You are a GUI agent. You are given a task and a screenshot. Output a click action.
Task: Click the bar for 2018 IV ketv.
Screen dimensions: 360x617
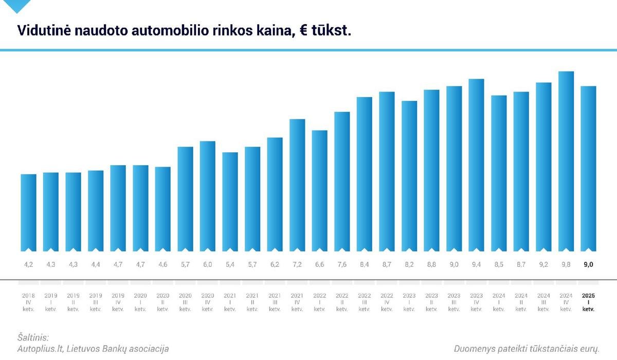coord(28,212)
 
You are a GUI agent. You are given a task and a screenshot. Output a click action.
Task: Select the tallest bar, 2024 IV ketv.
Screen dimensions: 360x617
coord(566,160)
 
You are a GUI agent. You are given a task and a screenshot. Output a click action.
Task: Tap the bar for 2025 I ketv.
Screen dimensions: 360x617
coord(588,168)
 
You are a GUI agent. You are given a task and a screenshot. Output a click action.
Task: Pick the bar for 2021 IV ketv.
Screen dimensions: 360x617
coord(297,184)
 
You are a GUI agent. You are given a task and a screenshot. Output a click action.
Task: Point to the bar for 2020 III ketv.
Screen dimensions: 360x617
coord(185,198)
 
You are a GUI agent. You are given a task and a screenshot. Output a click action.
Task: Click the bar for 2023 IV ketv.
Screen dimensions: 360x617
coord(476,164)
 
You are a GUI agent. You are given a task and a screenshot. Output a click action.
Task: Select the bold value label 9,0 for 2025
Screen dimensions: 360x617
coord(588,264)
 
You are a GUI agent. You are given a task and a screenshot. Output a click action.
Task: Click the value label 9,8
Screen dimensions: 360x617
coord(566,264)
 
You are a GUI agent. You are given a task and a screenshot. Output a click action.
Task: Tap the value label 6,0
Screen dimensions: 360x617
coord(208,264)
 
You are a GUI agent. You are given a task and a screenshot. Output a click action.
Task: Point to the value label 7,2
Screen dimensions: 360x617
coord(297,264)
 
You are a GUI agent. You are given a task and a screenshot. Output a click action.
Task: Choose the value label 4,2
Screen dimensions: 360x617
coord(28,264)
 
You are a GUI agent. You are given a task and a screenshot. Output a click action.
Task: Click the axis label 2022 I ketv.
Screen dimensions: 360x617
coord(319,302)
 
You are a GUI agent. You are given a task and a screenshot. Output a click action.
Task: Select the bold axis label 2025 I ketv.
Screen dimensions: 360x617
coord(588,302)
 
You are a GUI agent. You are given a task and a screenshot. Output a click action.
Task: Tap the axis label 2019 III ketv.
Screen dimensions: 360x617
coord(95,302)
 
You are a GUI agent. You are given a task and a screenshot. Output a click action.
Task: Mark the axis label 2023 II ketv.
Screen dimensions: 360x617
coord(431,302)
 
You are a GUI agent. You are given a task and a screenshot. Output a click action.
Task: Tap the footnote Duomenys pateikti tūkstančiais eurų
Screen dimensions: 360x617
coord(527,349)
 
